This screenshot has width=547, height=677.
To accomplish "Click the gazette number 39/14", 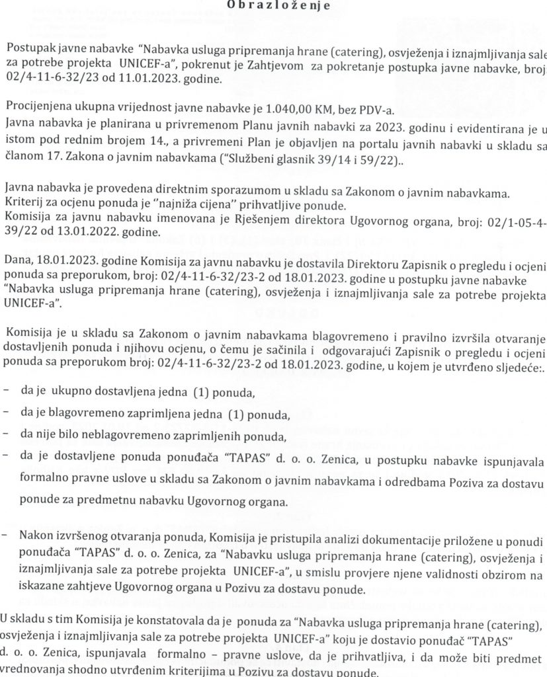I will (x=340, y=157).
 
